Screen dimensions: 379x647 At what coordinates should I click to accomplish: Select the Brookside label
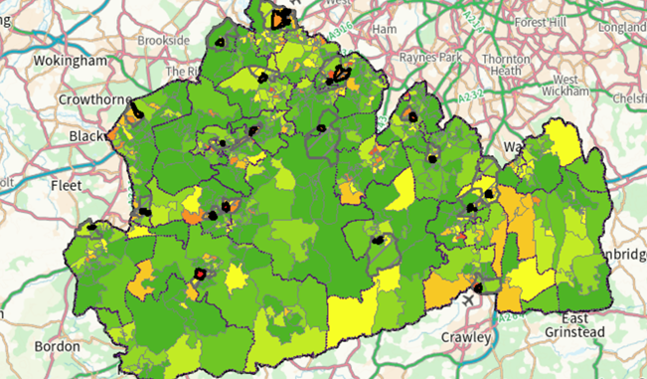coord(163,40)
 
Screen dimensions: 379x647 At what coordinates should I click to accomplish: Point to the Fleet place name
coord(67,184)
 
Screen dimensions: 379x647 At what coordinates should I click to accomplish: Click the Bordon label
coord(57,346)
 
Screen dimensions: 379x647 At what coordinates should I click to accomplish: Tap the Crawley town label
coord(466,338)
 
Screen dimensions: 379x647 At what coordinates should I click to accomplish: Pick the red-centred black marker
coord(199,273)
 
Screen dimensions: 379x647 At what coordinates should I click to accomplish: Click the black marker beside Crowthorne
coord(136,115)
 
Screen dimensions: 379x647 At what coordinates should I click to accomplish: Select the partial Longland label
coord(622,29)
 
